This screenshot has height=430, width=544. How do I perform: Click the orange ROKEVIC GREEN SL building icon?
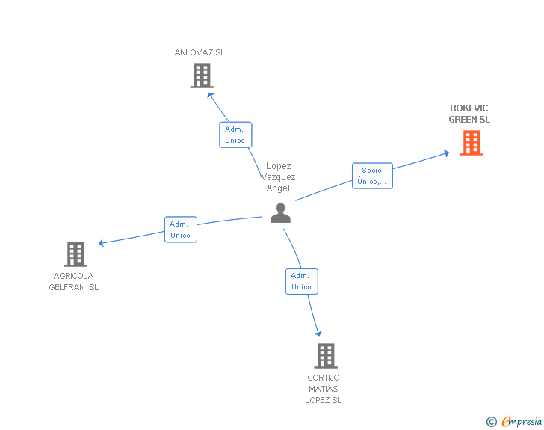[472, 143]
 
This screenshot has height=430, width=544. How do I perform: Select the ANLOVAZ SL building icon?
[202, 76]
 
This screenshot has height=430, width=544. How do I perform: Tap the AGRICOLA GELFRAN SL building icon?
[75, 254]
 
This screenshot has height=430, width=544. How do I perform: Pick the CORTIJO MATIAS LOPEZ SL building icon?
[325, 356]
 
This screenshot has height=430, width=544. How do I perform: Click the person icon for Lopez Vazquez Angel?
[280, 213]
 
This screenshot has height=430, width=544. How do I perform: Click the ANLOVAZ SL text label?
[200, 53]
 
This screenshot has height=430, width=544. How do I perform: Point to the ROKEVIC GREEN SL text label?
[469, 114]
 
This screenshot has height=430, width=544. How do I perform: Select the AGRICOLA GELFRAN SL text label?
[74, 281]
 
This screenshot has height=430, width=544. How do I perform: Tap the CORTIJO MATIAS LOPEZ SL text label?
[323, 389]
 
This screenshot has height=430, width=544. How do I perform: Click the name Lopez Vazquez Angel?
[279, 177]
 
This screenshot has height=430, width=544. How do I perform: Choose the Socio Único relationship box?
[372, 176]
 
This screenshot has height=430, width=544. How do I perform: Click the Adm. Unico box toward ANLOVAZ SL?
[235, 135]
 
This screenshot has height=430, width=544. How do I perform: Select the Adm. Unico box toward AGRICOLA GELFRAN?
[180, 230]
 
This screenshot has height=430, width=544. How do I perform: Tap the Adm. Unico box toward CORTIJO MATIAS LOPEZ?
[301, 281]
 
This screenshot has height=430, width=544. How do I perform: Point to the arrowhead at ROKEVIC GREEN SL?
[446, 153]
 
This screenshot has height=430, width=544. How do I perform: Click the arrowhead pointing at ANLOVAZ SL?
[210, 94]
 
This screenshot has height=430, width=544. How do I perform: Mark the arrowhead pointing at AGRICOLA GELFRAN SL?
[102, 242]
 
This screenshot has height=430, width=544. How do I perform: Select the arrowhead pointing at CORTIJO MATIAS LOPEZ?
[319, 333]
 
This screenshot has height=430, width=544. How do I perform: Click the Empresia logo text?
[522, 422]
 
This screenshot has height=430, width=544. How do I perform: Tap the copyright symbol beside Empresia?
[492, 422]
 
